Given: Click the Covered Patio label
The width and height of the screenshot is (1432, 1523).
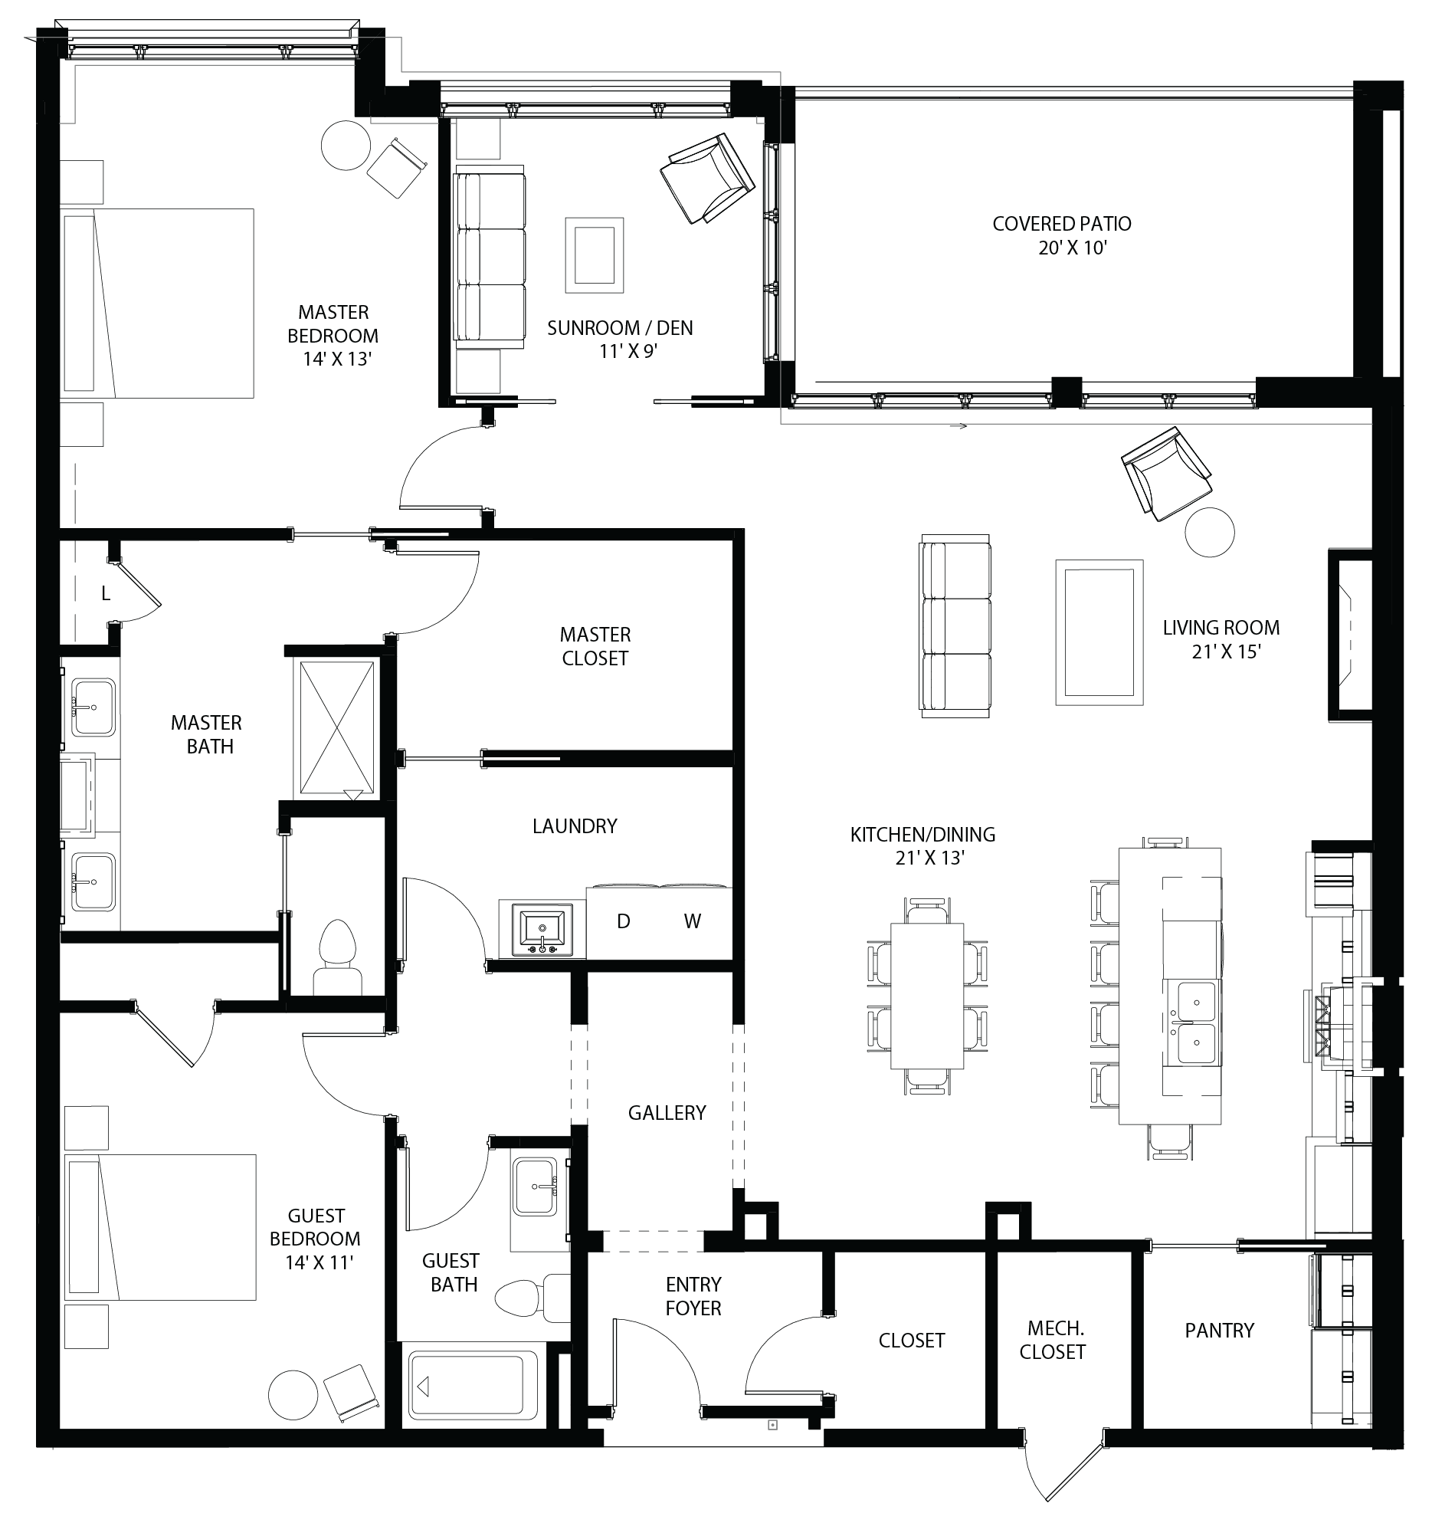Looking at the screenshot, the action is [1062, 224].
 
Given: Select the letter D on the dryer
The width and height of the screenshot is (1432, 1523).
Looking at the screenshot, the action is [624, 921].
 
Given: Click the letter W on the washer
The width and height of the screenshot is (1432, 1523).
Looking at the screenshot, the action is [693, 921].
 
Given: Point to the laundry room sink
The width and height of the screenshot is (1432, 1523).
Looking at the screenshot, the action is [543, 930].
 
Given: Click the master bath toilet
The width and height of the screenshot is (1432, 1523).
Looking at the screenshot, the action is [338, 957].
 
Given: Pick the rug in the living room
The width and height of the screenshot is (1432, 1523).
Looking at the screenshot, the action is [1099, 632].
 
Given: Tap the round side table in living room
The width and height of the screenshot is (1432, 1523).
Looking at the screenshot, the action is [1210, 532].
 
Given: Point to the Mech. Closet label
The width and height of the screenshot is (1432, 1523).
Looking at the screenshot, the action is [1053, 1340].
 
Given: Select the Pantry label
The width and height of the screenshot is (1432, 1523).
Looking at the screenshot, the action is [1220, 1330].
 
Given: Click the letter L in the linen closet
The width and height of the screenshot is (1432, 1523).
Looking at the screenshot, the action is [106, 593].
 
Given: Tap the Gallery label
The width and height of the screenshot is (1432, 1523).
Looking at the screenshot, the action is [667, 1112].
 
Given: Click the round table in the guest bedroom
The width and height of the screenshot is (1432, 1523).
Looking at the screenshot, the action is [293, 1393].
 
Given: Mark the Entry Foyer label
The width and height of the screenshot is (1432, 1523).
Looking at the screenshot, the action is [693, 1296].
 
